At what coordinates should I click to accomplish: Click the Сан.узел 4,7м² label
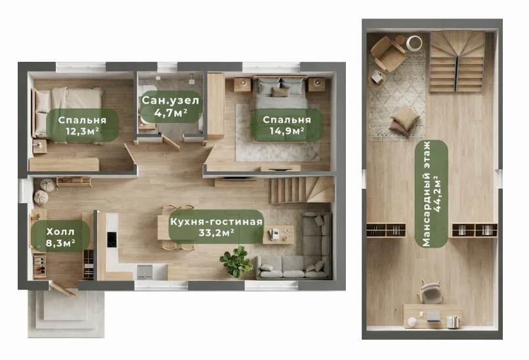coord(171,106)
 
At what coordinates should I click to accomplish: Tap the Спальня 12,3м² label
coord(82,125)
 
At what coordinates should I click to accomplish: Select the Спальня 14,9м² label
coord(287,125)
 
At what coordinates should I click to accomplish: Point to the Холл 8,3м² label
coord(60,236)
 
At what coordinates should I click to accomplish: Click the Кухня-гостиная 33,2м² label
coord(216,227)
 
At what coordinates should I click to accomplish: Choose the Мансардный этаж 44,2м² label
coord(431,194)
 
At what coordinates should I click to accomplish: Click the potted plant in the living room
coord(236,261)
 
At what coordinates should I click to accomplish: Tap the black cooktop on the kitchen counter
coord(112,239)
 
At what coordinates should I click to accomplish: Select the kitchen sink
coord(145,272)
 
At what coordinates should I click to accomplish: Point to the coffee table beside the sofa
coord(278,234)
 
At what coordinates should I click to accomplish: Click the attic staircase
coord(457,62)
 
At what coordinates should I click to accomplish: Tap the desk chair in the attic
coord(430,292)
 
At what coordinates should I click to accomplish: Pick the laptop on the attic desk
coord(434,317)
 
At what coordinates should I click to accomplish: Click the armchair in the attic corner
coord(388,53)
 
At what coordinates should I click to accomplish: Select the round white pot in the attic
coord(414,43)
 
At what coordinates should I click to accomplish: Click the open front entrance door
coord(62,290)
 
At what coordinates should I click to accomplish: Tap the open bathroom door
coord(171,142)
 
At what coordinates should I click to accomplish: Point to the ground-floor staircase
coord(303,190)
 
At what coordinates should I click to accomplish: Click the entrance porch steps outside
coord(66,313)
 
